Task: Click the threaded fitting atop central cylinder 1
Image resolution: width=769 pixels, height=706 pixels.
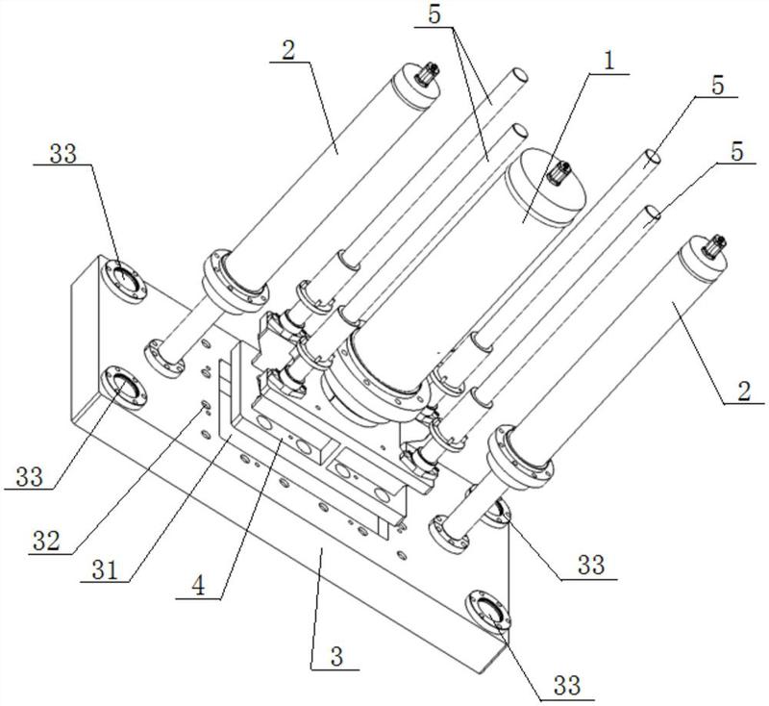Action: coord(557,176)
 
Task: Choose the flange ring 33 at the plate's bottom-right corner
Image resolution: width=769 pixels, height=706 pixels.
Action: coord(487,611)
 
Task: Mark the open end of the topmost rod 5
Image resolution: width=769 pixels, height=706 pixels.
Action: coord(518,75)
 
